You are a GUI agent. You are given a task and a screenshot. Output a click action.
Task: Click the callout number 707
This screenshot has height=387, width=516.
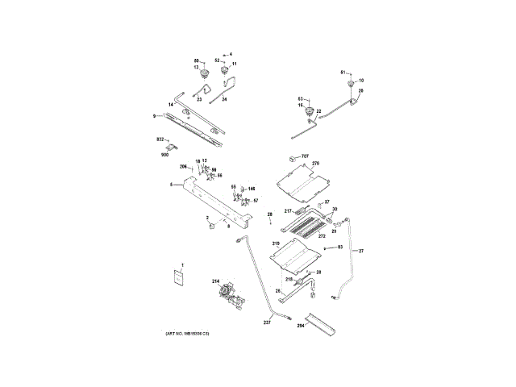[306, 155]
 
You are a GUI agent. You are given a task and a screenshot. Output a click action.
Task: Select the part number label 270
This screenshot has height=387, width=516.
[316, 164]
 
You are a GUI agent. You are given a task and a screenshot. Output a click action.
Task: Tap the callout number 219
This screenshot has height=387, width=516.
[275, 243]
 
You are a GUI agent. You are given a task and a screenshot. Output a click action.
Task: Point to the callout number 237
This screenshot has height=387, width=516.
[267, 322]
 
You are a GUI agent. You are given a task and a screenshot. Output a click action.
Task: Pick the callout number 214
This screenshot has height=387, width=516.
[215, 281]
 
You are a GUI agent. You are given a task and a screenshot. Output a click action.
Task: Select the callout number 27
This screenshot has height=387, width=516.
[361, 252]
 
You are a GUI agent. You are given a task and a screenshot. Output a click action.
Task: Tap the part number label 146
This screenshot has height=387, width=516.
[251, 187]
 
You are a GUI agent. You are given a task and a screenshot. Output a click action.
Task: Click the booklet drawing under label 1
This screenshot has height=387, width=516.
[181, 277]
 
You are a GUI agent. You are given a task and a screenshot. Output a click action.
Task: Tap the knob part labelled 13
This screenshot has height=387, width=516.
[204, 76]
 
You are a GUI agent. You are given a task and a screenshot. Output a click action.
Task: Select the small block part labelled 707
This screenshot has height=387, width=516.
[293, 156]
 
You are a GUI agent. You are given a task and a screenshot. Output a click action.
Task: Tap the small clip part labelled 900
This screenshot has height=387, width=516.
[172, 147]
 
